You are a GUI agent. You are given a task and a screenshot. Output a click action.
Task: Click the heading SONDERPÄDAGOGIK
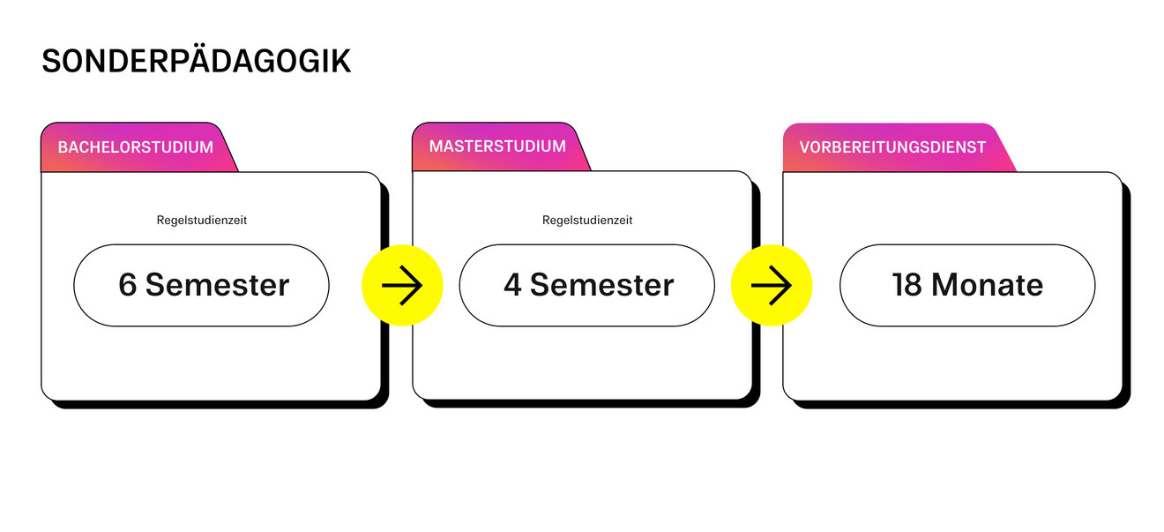[196, 61]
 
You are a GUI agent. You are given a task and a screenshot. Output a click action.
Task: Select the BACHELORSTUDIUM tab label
[136, 147]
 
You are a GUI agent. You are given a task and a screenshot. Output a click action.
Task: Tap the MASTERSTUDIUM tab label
[497, 146]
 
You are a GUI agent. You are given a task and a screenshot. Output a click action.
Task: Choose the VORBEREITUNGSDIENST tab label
[892, 147]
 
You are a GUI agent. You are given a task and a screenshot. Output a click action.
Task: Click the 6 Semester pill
[201, 285]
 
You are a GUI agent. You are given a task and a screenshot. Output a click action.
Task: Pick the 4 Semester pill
[587, 285]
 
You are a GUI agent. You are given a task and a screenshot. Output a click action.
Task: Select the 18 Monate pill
[966, 285]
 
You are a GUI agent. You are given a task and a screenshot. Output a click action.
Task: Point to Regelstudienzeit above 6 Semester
[202, 221]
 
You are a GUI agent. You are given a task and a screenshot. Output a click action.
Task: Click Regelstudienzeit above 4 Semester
[587, 221]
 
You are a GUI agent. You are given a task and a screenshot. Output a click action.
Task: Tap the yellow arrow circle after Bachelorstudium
[402, 285]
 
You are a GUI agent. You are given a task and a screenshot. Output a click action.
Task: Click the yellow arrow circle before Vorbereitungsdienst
[772, 285]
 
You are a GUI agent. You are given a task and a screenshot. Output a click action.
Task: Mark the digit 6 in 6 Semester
[128, 285]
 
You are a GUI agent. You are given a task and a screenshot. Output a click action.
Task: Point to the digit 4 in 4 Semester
[512, 285]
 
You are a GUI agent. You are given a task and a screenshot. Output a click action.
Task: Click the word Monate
[987, 285]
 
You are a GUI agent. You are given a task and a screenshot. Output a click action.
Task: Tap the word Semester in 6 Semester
[217, 285]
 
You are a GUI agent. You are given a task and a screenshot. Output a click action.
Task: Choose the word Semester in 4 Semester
[602, 285]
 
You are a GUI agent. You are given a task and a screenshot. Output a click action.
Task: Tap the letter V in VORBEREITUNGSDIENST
[805, 147]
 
